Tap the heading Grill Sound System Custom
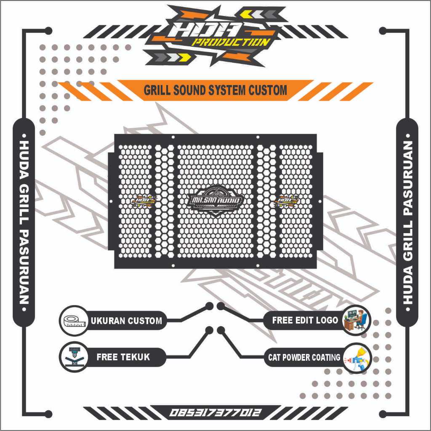click(215, 90)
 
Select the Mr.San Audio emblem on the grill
click(216, 201)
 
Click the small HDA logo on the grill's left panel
click(143, 201)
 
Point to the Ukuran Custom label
click(126, 321)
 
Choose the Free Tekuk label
click(123, 357)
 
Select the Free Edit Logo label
click(305, 320)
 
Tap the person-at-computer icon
click(356, 320)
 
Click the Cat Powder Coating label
click(304, 358)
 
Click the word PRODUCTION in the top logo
click(231, 43)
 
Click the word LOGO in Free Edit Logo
click(327, 320)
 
